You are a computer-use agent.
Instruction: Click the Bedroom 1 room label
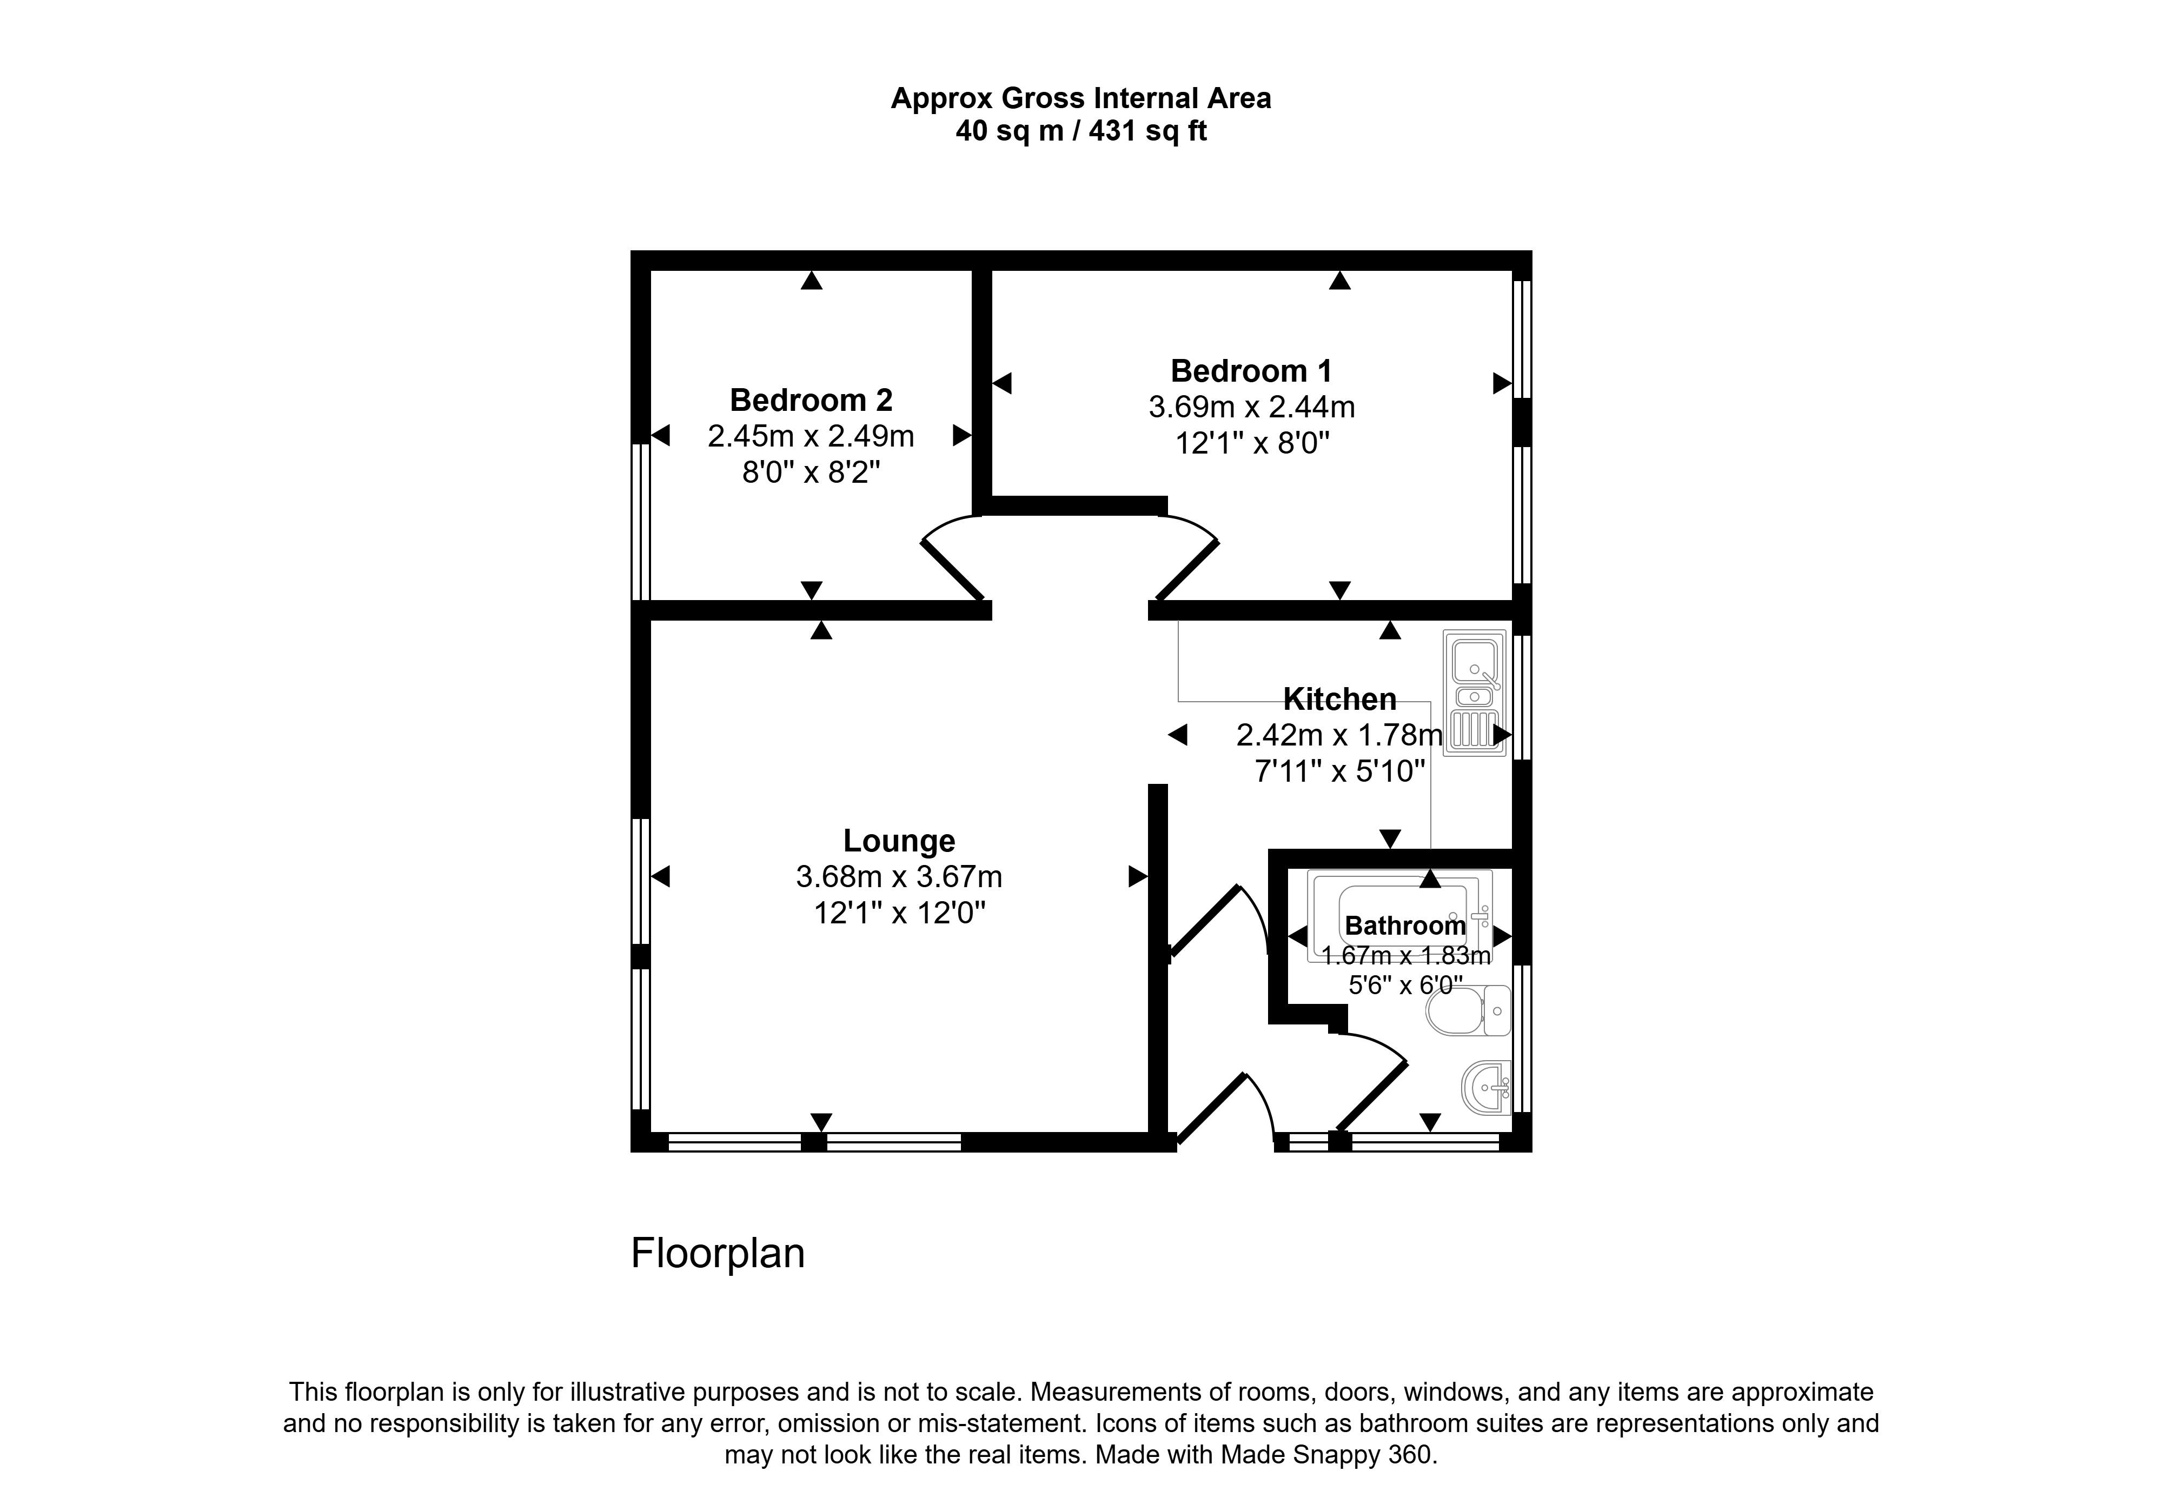click(1251, 371)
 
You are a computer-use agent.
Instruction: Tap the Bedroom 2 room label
click(811, 401)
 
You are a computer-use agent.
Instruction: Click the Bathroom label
click(1405, 926)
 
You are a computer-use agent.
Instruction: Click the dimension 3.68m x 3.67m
click(899, 877)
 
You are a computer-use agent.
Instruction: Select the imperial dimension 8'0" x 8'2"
click(811, 472)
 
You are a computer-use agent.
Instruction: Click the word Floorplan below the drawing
click(718, 1254)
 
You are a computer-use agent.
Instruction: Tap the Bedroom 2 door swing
click(952, 558)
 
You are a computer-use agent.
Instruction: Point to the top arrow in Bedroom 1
click(1339, 280)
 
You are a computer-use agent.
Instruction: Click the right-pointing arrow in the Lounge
click(1138, 877)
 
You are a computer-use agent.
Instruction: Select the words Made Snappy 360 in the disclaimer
click(1328, 1455)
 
